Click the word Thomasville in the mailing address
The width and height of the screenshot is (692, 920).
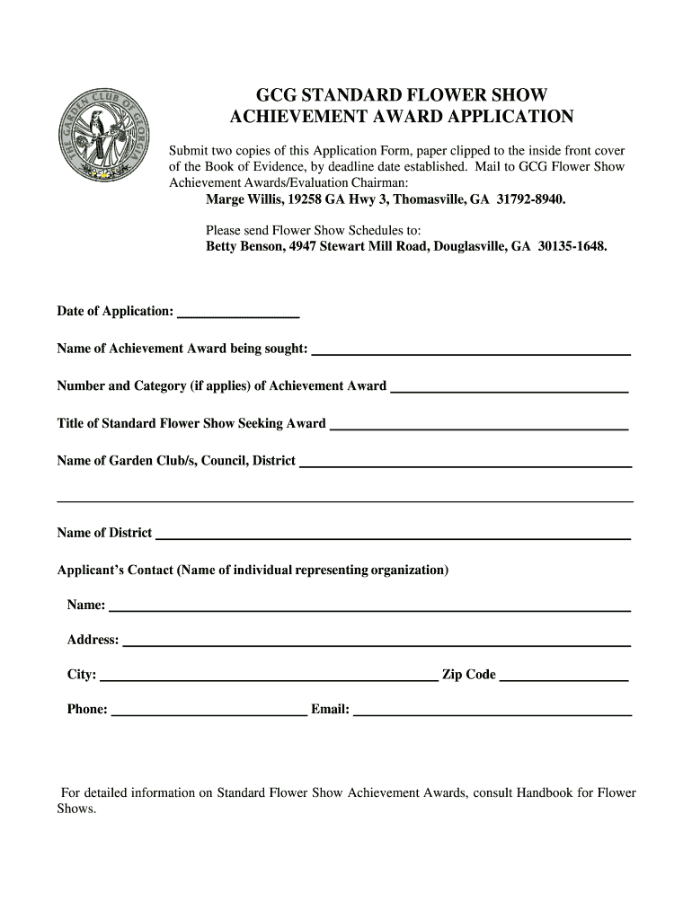[418, 199]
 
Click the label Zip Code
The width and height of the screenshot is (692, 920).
[468, 675]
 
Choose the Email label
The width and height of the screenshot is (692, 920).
[330, 710]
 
